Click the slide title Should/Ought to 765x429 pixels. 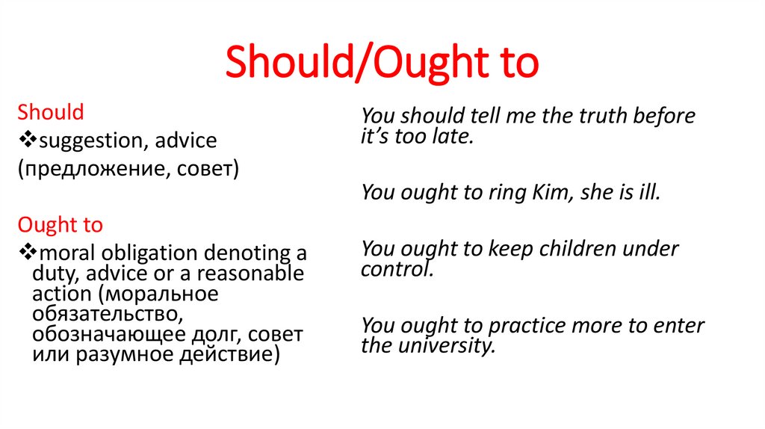tap(382, 63)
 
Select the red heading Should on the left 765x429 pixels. tap(51, 113)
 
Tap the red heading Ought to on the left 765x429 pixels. tap(60, 225)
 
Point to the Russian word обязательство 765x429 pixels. tap(102, 313)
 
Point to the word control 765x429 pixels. tap(396, 270)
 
